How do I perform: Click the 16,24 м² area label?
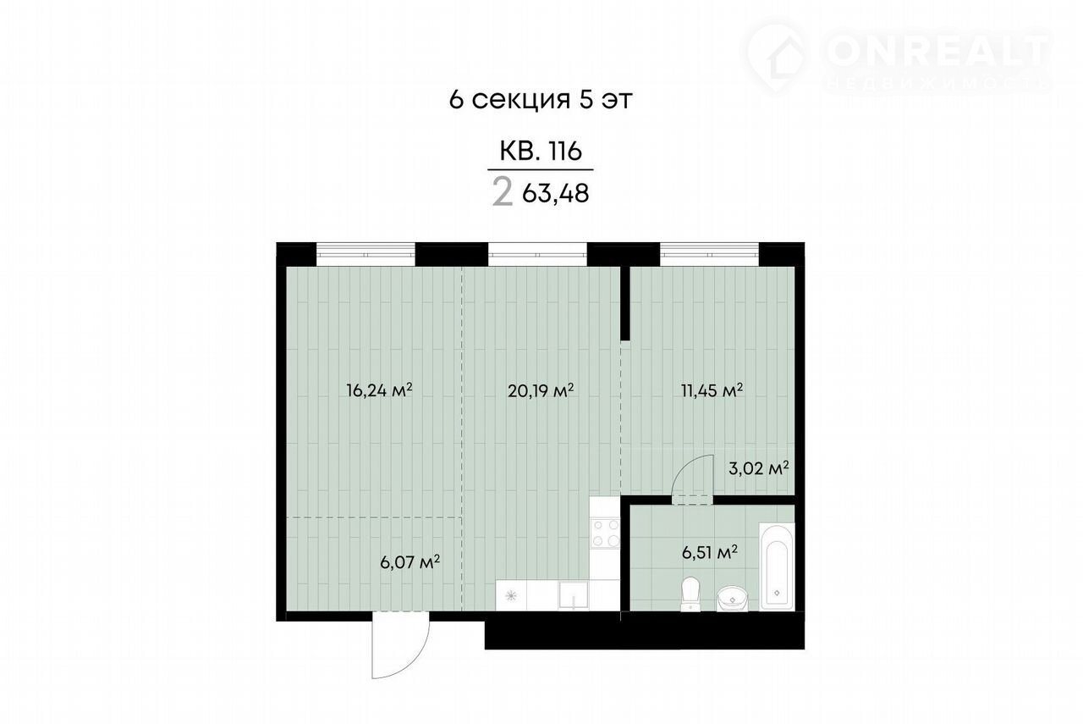point(379,390)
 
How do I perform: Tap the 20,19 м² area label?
point(541,390)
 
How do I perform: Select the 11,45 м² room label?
point(712,390)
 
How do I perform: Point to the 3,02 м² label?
point(759,468)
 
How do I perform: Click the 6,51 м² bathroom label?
point(709,552)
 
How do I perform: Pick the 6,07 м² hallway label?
point(410,562)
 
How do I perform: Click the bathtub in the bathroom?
point(777,566)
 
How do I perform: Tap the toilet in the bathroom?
point(690,594)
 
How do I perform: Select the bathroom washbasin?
point(732,600)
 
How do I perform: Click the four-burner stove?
point(605,533)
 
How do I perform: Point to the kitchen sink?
point(573,595)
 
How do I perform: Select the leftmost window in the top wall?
point(366,254)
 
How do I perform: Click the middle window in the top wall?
point(537,254)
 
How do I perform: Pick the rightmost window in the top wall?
point(709,254)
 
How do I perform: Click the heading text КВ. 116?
point(540,151)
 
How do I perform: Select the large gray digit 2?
point(503,192)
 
